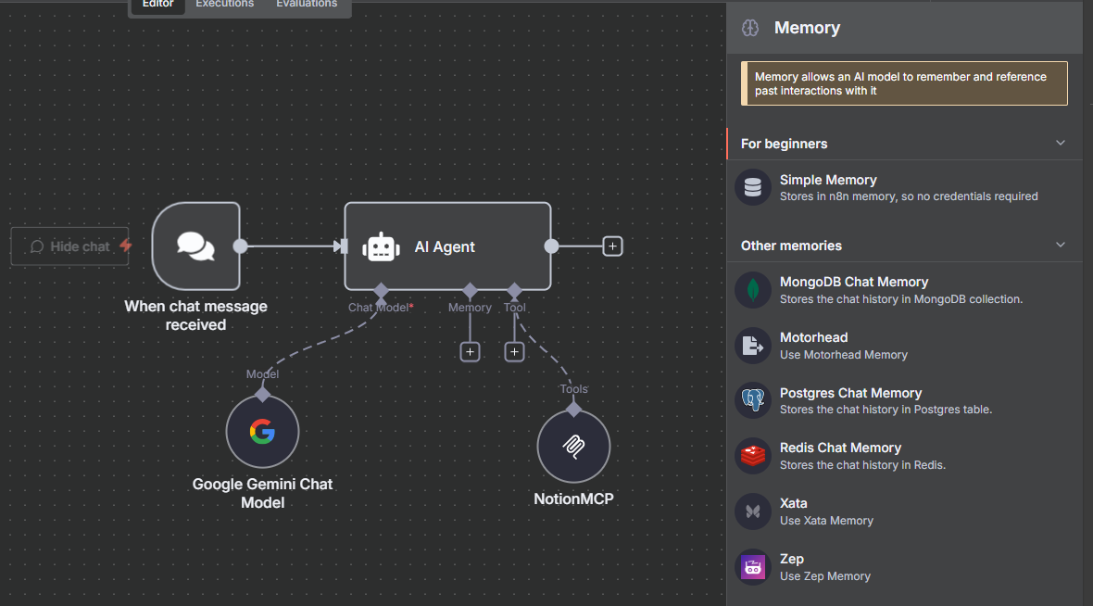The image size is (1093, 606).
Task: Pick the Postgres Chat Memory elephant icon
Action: coord(753,400)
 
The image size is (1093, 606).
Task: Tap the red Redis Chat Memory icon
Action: coord(753,456)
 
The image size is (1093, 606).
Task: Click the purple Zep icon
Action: coord(753,566)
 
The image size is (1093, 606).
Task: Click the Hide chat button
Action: coord(70,246)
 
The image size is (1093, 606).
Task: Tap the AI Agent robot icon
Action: coord(381,247)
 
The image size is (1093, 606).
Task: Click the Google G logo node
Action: coord(262,432)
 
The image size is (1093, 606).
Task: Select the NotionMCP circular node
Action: coord(573,447)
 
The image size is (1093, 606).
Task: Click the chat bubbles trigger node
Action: coord(195,246)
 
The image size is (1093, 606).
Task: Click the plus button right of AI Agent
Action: coord(612,246)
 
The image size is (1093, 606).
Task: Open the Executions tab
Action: coord(224,5)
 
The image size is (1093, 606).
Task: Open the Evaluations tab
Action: coord(307,5)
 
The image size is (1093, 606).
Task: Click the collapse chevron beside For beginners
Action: coord(1061,143)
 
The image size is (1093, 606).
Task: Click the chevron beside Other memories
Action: coord(1061,245)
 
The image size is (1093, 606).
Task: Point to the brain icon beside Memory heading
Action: coord(750,28)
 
